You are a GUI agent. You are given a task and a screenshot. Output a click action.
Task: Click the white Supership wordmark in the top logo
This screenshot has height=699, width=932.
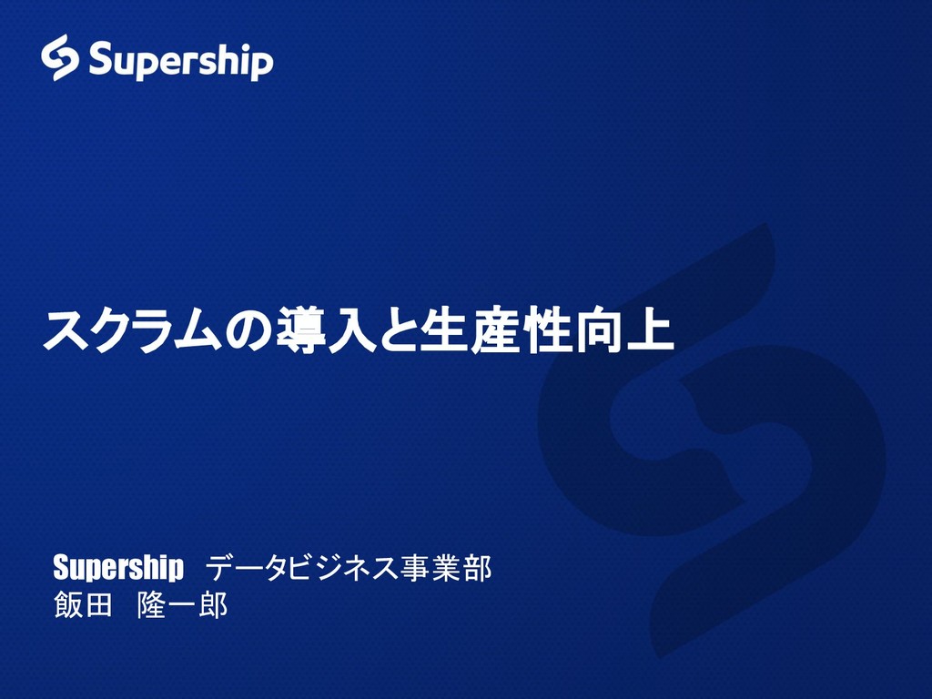click(180, 61)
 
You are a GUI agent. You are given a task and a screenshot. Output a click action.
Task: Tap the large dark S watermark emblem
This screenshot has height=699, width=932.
click(710, 437)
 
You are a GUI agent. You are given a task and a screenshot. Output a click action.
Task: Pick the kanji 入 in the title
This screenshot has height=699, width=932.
click(347, 332)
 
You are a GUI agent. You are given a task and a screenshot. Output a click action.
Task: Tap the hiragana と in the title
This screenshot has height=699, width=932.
click(392, 332)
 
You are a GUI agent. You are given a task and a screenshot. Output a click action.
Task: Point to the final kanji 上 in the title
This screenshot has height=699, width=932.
click(648, 332)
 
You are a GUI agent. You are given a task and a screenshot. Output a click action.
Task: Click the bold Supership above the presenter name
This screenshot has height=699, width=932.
click(117, 569)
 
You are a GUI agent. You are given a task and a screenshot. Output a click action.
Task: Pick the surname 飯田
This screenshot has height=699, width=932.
click(82, 605)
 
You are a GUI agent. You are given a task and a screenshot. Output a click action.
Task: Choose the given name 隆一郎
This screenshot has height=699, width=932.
click(182, 605)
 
